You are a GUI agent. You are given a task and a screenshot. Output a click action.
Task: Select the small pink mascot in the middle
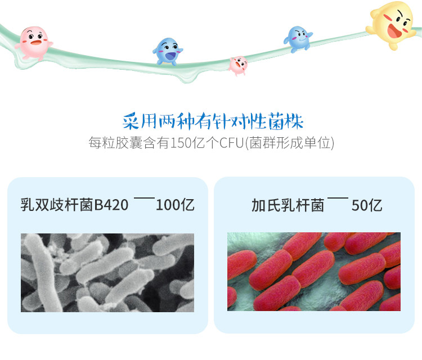239,65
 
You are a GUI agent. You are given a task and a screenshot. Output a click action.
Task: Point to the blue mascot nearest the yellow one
298,39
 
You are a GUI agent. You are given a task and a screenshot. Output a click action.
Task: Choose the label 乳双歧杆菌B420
74,204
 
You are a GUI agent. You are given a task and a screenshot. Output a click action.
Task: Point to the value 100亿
175,204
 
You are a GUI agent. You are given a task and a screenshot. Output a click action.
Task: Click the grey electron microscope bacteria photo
107,272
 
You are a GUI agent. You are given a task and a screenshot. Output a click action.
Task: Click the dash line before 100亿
144,199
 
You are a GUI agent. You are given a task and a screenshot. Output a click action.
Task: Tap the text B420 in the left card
111,204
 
